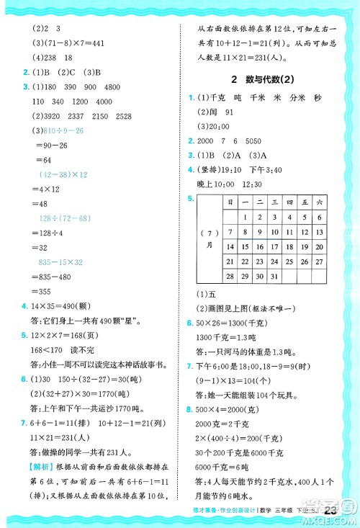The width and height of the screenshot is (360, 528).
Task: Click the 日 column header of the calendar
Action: click(230, 202)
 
